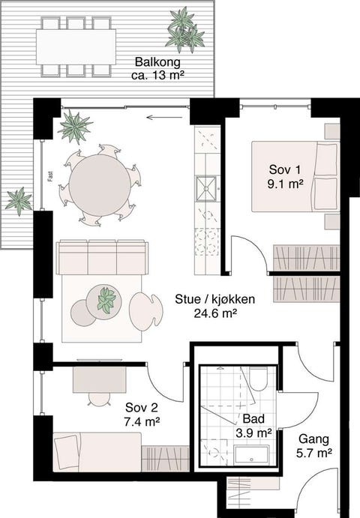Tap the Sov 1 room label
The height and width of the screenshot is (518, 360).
tap(285, 169)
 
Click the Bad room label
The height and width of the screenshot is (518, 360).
tap(253, 419)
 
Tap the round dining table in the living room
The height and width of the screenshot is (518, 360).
tap(99, 184)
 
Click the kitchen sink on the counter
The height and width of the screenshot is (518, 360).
tap(205, 189)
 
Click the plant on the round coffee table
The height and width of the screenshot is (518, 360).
tap(106, 299)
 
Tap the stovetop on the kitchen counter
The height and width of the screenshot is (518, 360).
tap(205, 240)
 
